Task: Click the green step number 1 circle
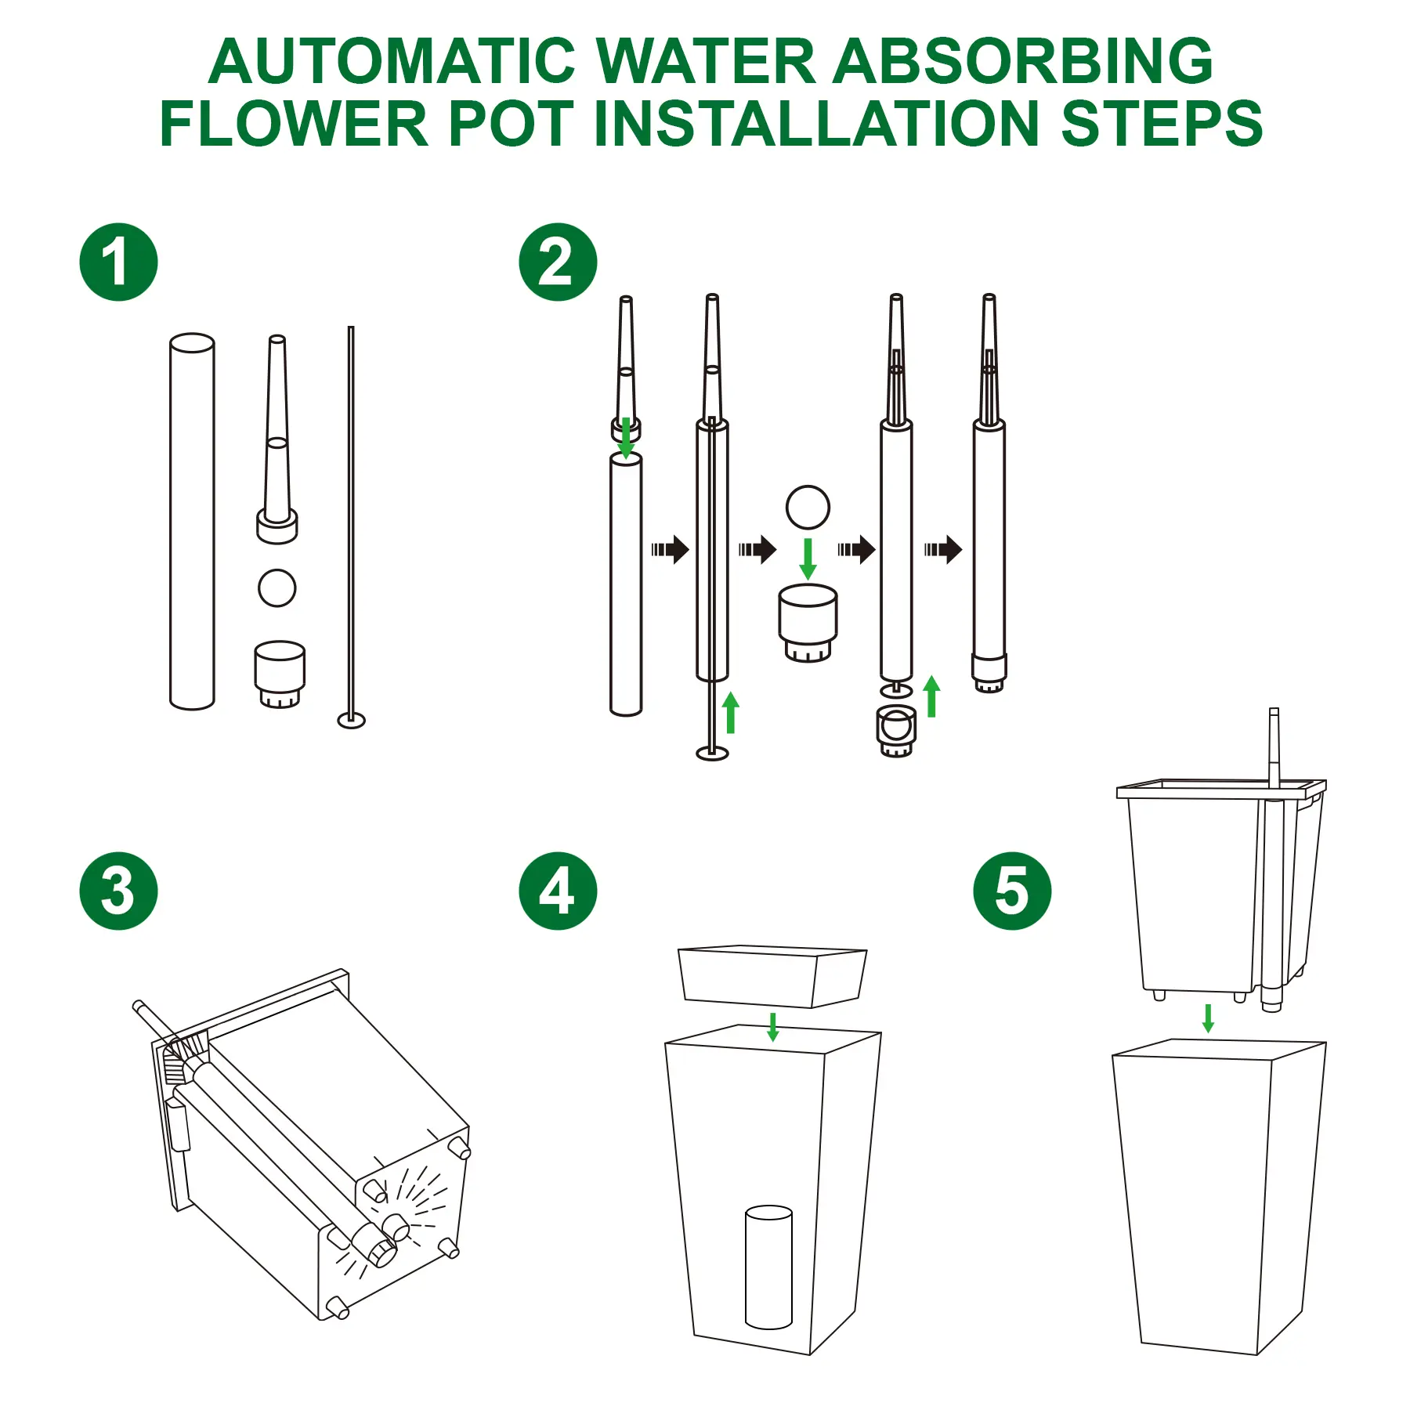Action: coord(118,262)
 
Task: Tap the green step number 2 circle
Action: coord(558,262)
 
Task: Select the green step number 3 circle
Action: coord(118,891)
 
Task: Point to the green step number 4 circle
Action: coord(558,891)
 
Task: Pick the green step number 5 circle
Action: coord(1012,891)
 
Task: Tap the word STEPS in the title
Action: coord(1162,124)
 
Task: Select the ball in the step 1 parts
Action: coord(277,587)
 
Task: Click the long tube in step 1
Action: coord(192,522)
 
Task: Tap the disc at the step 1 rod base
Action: coord(352,720)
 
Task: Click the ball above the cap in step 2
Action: coord(808,508)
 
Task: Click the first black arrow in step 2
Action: coord(671,549)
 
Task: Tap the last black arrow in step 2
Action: coord(943,549)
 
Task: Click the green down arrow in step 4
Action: coord(773,1027)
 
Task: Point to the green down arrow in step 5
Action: coord(1208,1018)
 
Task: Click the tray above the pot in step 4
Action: coord(772,976)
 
